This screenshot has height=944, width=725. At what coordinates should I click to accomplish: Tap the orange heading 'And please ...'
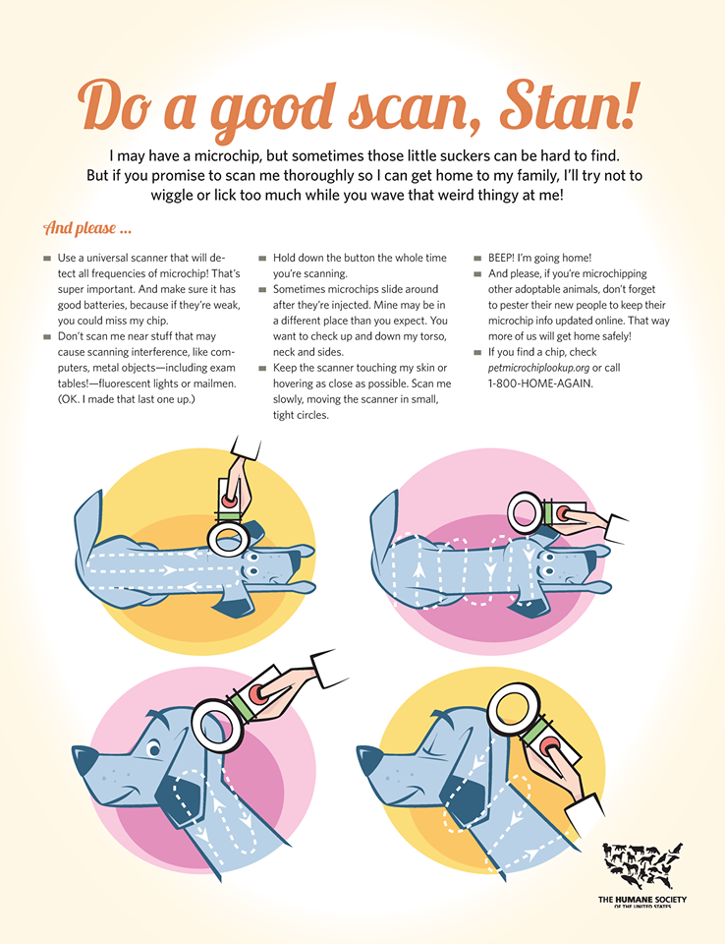tap(86, 229)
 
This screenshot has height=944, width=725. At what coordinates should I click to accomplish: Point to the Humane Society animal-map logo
tap(641, 866)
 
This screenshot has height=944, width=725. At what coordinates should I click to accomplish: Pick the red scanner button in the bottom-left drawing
tap(259, 694)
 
